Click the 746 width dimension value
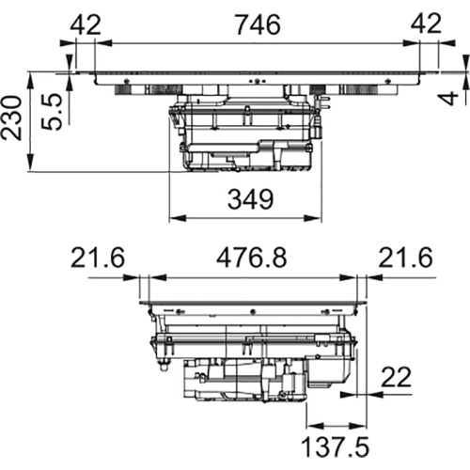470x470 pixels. pyautogui.click(x=258, y=24)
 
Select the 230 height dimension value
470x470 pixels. pyautogui.click(x=11, y=117)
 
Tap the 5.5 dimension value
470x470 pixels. pyautogui.click(x=52, y=111)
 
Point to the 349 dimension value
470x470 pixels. pyautogui.click(x=250, y=199)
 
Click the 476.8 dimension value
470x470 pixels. pyautogui.click(x=251, y=258)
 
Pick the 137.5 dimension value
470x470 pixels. pyautogui.click(x=335, y=446)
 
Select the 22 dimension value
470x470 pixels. pyautogui.click(x=396, y=377)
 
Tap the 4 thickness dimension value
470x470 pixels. pyautogui.click(x=450, y=98)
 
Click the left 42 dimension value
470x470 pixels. pyautogui.click(x=86, y=24)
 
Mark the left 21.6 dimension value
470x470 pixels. pyautogui.click(x=98, y=258)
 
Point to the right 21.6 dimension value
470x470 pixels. pyautogui.click(x=405, y=258)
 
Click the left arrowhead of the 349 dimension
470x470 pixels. pyautogui.click(x=178, y=218)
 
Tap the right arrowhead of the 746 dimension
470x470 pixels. pyautogui.click(x=411, y=43)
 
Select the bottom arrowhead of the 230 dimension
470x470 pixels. pyautogui.click(x=30, y=163)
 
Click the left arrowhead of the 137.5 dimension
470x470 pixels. pyautogui.click(x=315, y=426)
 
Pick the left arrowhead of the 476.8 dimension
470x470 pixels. pyautogui.click(x=158, y=277)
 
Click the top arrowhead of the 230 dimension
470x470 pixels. pyautogui.click(x=30, y=81)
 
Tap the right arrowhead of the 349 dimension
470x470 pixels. pyautogui.click(x=313, y=218)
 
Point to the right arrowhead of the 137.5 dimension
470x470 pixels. pyautogui.click(x=357, y=426)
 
